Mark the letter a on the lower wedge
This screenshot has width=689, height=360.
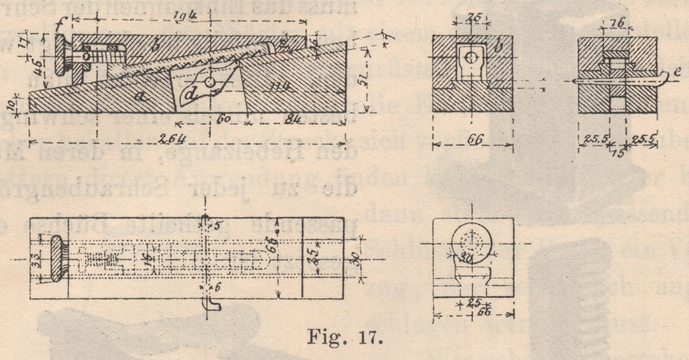pyautogui.click(x=140, y=97)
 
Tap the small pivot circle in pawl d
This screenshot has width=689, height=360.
pyautogui.click(x=211, y=82)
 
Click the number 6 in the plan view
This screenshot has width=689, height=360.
pyautogui.click(x=217, y=287)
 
